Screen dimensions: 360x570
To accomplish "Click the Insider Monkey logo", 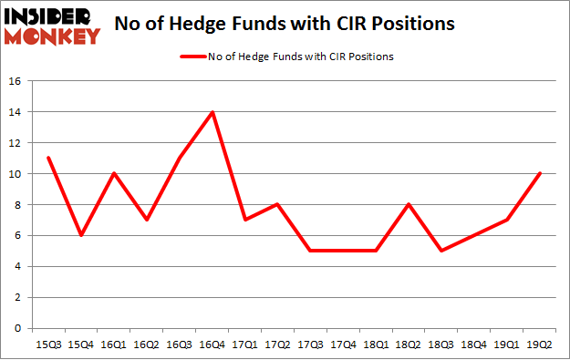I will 51,25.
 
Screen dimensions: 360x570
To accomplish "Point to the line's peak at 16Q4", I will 212,112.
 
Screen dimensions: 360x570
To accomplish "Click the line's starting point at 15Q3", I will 48,158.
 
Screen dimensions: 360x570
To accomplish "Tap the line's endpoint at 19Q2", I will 541,174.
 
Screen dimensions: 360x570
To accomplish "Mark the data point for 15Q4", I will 81,235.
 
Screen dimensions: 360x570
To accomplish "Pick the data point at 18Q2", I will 409,204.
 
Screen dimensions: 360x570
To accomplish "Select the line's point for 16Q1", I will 114,174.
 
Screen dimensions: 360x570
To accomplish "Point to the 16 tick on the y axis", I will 16,81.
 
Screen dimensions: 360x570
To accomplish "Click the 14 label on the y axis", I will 16,112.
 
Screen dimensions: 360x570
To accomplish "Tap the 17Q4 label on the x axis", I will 344,345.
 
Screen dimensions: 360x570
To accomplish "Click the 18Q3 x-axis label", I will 442,345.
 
